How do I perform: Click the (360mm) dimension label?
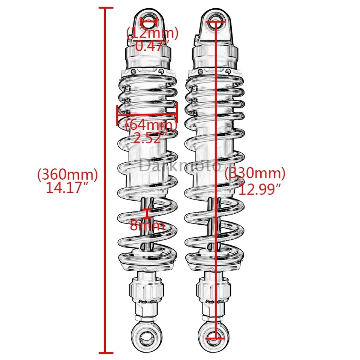tap(67, 174)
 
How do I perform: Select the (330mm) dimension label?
tap(255, 174)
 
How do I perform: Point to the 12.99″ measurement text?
tap(260, 189)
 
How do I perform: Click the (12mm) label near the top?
tap(152, 33)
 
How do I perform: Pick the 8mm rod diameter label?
tap(147, 225)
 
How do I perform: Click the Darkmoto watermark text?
tap(180, 165)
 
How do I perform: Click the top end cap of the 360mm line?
tap(105, 7)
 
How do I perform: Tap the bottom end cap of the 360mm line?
tap(105, 352)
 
